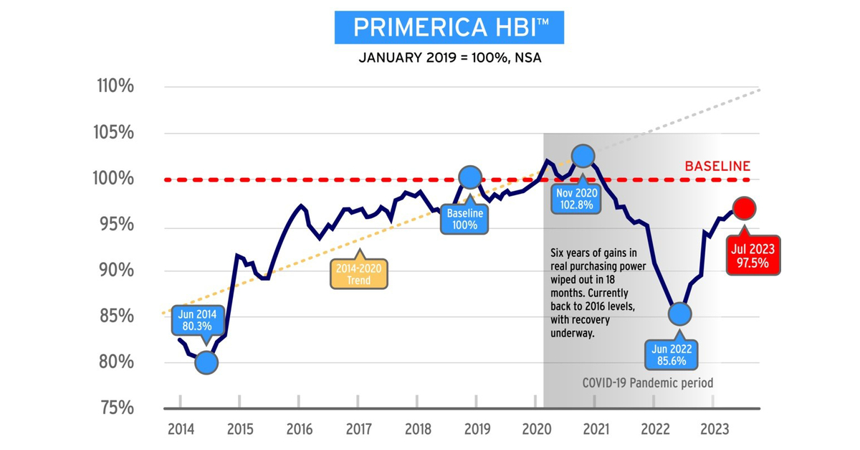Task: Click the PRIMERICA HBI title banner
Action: [x=449, y=27]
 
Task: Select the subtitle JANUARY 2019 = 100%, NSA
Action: [x=449, y=58]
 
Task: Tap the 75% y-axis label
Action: [x=115, y=408]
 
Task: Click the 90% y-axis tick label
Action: [x=115, y=271]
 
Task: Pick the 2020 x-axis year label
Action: [x=536, y=429]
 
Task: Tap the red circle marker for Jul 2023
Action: [x=745, y=209]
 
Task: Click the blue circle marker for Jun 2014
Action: [x=206, y=362]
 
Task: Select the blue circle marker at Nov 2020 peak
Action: [x=583, y=156]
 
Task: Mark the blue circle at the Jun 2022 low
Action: [x=679, y=314]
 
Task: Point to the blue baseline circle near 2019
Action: [x=470, y=177]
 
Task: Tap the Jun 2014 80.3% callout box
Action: [x=197, y=320]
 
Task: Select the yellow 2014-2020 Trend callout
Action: [x=359, y=273]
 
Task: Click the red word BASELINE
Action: [x=717, y=166]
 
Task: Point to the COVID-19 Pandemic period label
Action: [x=646, y=383]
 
